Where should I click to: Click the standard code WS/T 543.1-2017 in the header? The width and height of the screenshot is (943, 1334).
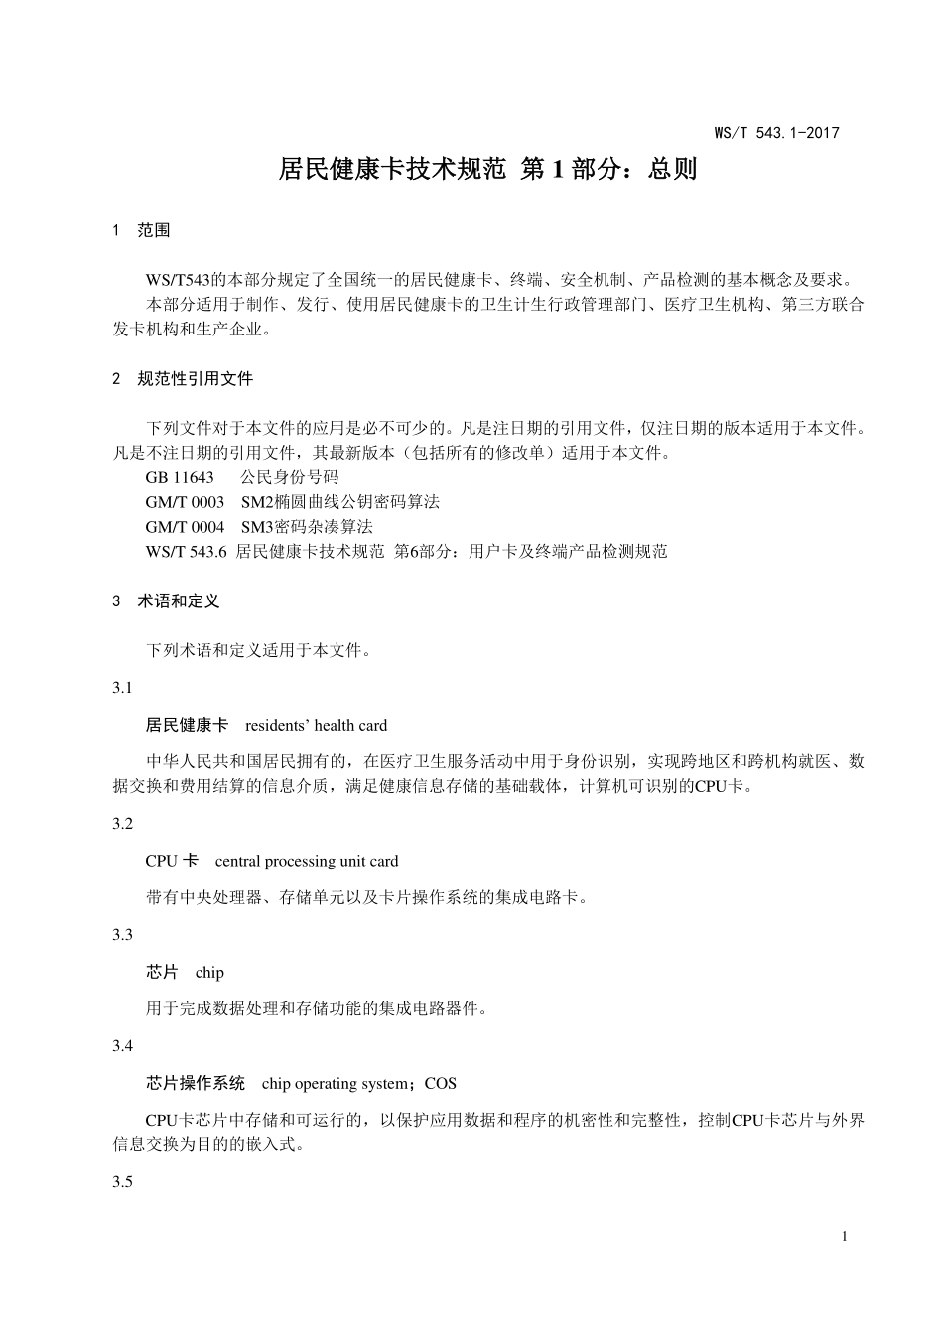click(776, 133)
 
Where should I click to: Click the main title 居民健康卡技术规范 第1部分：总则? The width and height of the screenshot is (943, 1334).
click(487, 170)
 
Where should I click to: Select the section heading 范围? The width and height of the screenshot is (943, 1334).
click(154, 231)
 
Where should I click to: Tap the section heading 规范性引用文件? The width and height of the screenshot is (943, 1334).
click(196, 379)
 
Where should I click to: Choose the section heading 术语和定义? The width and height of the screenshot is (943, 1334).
click(179, 601)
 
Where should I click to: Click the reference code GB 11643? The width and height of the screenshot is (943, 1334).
click(180, 477)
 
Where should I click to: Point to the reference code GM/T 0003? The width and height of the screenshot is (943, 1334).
click(185, 502)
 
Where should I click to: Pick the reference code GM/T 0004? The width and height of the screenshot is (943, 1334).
click(185, 527)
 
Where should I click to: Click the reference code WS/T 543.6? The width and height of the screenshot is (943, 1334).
click(187, 552)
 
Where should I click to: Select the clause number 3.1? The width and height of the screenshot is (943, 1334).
click(123, 688)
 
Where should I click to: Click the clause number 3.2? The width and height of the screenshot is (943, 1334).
click(123, 824)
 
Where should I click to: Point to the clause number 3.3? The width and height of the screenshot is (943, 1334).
click(123, 935)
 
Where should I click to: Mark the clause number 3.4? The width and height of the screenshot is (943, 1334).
click(123, 1046)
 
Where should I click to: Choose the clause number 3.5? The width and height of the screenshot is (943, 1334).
click(123, 1182)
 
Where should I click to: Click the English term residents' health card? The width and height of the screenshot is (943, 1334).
click(316, 726)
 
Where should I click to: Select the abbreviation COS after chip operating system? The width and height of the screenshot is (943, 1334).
click(441, 1084)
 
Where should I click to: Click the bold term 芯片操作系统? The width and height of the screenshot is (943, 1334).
click(196, 1084)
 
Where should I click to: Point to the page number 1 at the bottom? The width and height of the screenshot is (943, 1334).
click(845, 1237)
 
